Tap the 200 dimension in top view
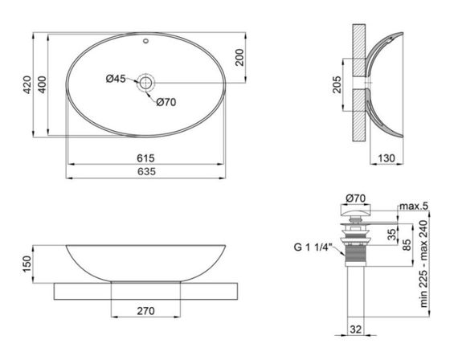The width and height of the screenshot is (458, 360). tap(239, 57)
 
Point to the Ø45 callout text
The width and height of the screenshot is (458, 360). tap(116, 78)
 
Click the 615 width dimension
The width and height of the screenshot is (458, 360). tap(145, 157)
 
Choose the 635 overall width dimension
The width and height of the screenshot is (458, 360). tap(145, 172)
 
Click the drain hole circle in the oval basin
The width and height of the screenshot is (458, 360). tap(146, 81)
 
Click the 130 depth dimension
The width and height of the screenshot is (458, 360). tap(386, 159)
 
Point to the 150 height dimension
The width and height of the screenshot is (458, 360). tap(27, 263)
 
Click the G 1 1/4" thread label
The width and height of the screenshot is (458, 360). tap(317, 247)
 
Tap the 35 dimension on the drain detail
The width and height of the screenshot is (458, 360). tap(391, 235)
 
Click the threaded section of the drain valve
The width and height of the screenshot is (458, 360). tap(354, 257)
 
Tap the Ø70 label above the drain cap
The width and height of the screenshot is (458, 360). tap(354, 198)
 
